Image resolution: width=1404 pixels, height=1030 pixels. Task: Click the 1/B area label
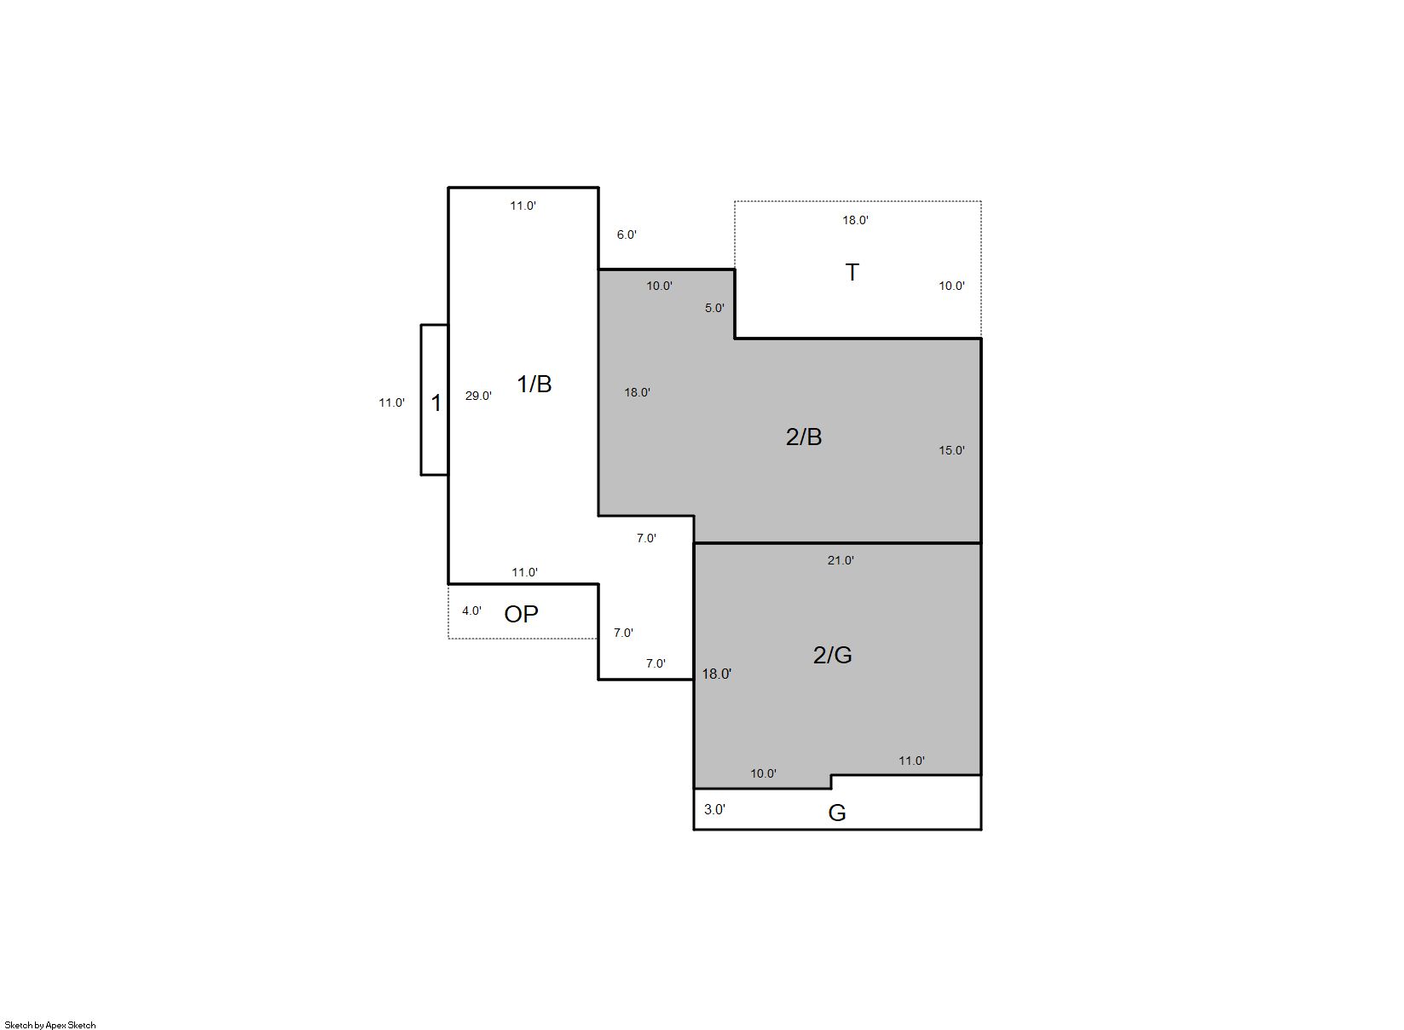(534, 384)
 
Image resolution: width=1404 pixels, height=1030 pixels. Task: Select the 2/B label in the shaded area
(804, 437)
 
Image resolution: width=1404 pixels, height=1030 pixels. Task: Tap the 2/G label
(832, 655)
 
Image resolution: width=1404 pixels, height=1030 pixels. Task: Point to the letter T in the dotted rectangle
(852, 273)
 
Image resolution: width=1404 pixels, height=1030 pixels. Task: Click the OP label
(521, 615)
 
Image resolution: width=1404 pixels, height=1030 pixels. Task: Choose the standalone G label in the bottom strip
(837, 813)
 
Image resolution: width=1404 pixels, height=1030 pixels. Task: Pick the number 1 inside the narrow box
(436, 403)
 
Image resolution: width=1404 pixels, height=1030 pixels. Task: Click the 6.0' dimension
(627, 235)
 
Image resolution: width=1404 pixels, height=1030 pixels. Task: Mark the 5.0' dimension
(714, 309)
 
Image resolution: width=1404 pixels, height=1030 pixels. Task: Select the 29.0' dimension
(478, 396)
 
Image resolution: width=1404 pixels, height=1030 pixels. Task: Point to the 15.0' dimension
(951, 451)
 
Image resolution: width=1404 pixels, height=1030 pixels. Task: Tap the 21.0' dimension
(841, 561)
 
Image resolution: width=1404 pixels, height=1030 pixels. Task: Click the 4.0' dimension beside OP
(471, 611)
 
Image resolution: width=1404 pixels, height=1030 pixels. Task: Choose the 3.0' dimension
(714, 810)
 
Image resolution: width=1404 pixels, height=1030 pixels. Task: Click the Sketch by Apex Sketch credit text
(50, 1025)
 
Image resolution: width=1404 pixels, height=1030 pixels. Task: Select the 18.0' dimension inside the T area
(855, 221)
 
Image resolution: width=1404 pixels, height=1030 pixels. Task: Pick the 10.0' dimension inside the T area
(951, 286)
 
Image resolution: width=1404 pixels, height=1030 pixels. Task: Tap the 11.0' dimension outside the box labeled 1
(391, 403)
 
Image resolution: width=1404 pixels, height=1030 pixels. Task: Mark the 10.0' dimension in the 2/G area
(763, 774)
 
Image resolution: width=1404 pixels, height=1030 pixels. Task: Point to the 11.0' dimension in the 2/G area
(911, 761)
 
